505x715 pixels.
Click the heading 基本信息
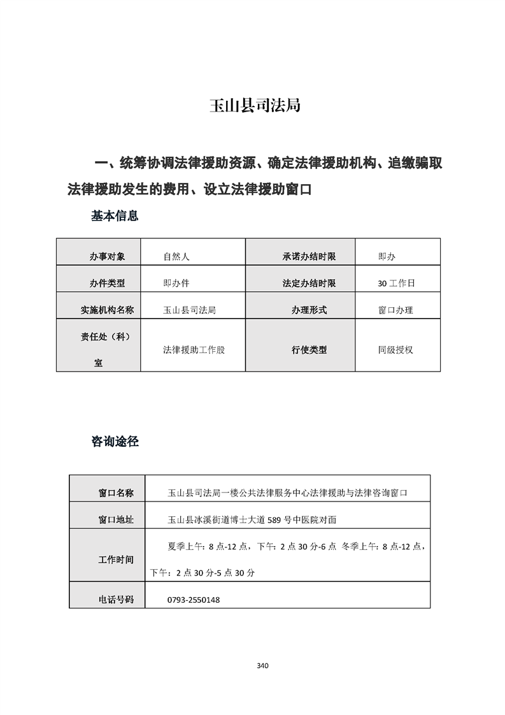(x=115, y=217)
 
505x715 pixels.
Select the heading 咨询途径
(x=115, y=441)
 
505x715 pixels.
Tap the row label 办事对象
(x=107, y=257)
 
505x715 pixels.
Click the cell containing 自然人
(x=176, y=257)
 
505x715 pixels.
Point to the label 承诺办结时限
(x=309, y=257)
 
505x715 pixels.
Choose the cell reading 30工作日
(x=396, y=284)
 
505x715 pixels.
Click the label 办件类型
(x=107, y=284)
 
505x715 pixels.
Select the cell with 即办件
(x=176, y=284)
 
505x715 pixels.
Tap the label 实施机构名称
(x=107, y=310)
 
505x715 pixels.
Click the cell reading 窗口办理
(x=395, y=310)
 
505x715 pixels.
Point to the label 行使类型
(x=309, y=350)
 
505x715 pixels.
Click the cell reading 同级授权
(x=395, y=350)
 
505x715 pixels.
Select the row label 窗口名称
(x=116, y=493)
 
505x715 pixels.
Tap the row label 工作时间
(x=116, y=560)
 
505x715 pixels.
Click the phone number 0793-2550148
(x=194, y=600)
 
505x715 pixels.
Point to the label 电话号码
(x=116, y=600)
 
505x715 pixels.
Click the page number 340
(x=262, y=666)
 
